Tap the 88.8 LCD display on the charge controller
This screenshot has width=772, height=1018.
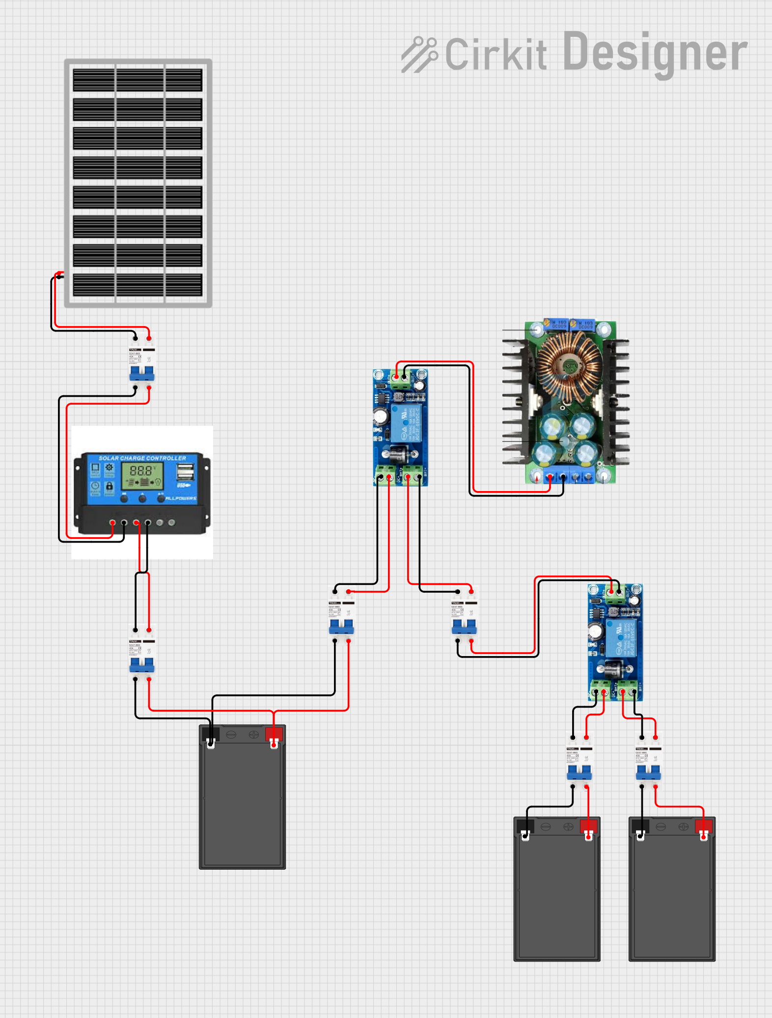click(x=141, y=470)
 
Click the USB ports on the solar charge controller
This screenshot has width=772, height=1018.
click(x=185, y=472)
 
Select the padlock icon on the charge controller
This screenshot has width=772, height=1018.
click(x=110, y=486)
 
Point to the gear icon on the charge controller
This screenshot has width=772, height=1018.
click(x=109, y=468)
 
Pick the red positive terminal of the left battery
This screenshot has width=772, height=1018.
click(x=274, y=735)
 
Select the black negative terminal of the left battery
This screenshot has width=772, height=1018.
click(x=211, y=735)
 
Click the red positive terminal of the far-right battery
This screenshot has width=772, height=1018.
click(x=704, y=826)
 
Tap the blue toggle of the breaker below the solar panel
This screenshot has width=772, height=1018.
click(x=141, y=373)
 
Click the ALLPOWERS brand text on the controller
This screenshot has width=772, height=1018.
click(x=181, y=498)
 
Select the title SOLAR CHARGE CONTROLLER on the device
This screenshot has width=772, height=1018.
click(x=142, y=458)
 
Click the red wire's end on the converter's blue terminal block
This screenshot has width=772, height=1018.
click(x=550, y=477)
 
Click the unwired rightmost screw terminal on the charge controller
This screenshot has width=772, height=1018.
click(x=171, y=523)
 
